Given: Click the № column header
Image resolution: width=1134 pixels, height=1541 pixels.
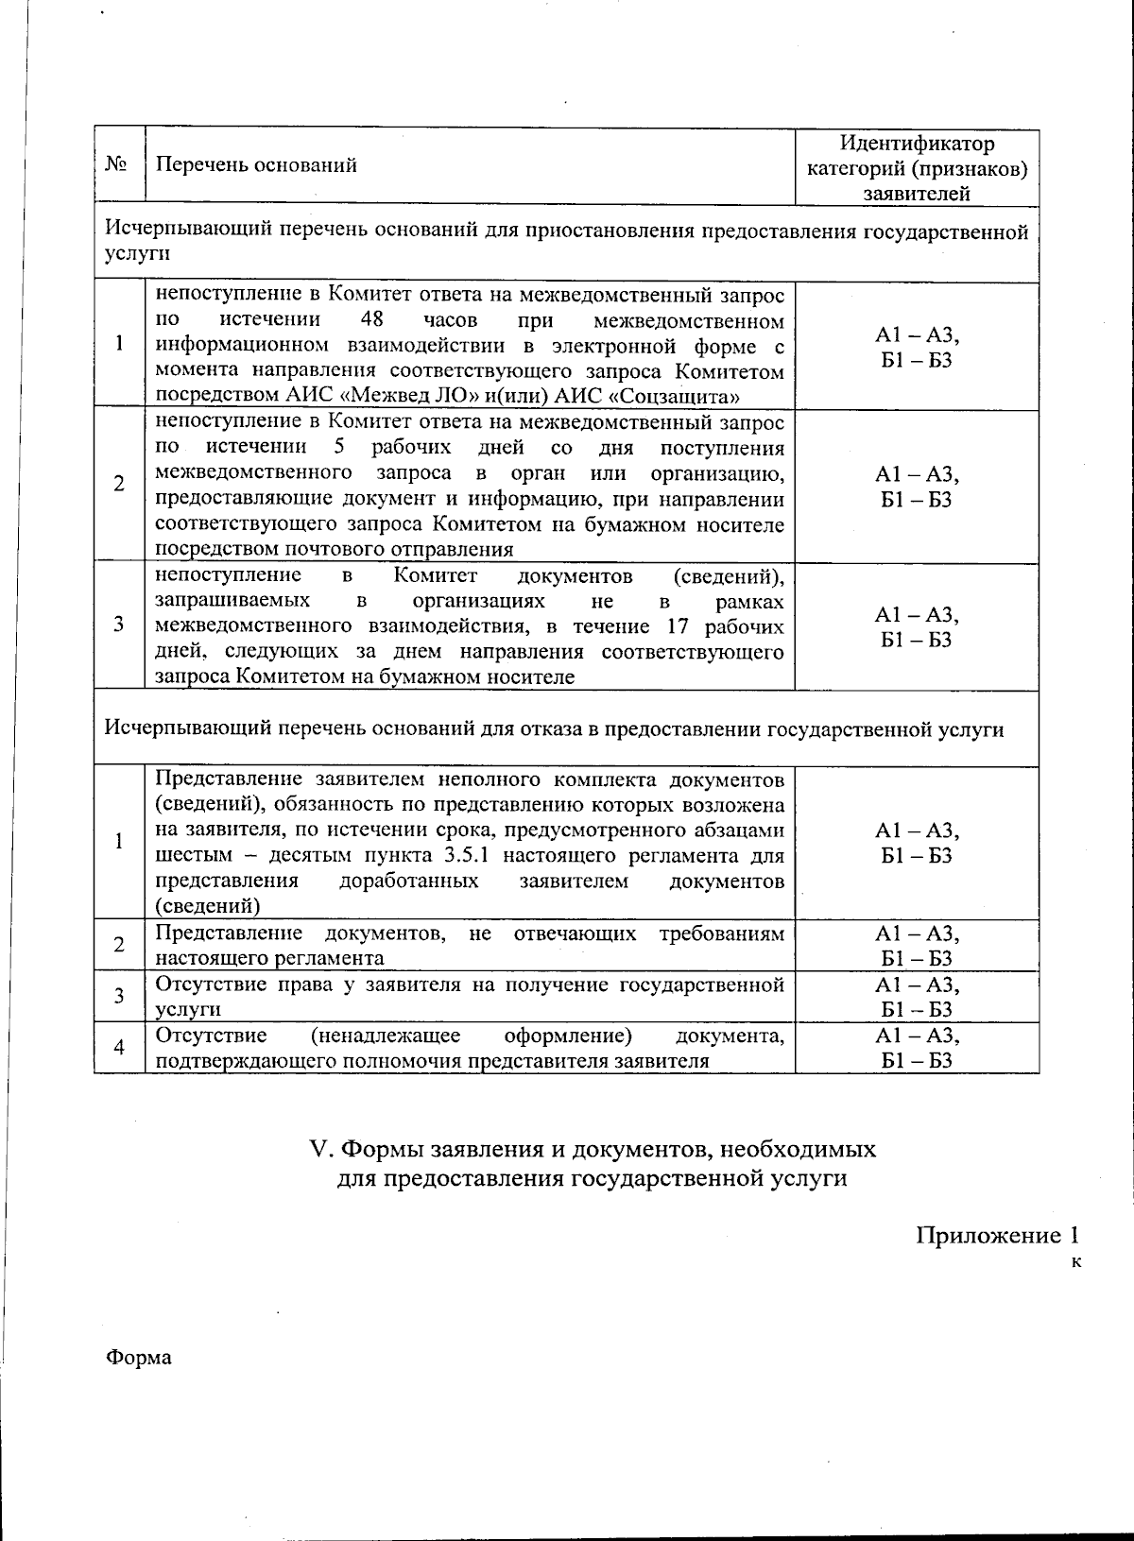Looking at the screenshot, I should [117, 165].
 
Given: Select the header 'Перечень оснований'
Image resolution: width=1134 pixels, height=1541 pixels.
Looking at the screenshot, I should [256, 165].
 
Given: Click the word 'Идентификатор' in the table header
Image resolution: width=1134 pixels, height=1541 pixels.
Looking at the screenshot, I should [917, 144].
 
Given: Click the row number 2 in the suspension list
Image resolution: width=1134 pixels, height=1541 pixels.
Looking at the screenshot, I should [119, 484].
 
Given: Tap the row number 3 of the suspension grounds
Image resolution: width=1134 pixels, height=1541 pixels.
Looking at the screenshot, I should [119, 625].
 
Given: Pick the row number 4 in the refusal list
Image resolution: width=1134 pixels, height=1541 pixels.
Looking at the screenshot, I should [119, 1047].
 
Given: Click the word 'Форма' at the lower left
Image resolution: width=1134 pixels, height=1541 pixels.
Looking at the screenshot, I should [139, 1358].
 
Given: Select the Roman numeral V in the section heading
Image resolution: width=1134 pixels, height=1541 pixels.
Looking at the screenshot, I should [318, 1150].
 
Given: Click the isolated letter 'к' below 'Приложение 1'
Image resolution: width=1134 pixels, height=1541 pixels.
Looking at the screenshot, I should [1075, 1262].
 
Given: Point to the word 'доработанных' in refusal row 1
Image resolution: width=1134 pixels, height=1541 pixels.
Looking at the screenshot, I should [408, 882].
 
